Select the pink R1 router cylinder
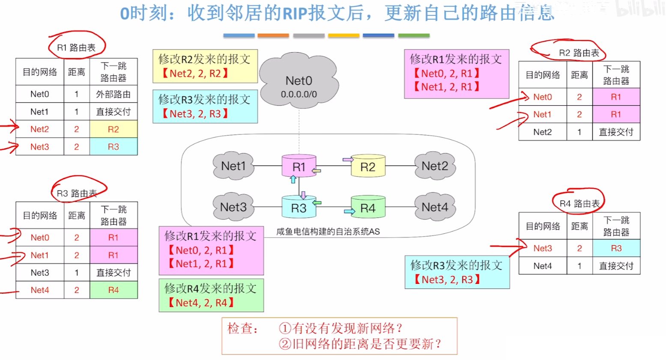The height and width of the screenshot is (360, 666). (x=299, y=167)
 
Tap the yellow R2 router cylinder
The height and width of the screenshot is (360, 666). (x=368, y=167)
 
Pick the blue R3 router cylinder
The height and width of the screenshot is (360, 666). (x=299, y=208)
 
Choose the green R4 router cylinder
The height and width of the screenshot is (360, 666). (x=368, y=208)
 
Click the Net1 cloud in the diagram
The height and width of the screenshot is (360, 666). (x=233, y=166)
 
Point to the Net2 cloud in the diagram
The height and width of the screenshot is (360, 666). (x=435, y=166)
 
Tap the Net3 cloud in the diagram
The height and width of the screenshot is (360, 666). (x=233, y=207)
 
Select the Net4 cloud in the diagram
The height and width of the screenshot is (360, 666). (x=435, y=207)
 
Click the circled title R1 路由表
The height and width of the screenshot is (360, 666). (x=76, y=48)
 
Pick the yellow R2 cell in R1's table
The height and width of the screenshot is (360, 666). (x=113, y=129)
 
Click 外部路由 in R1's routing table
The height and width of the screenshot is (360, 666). (x=113, y=94)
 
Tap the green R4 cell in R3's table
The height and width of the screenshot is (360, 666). (x=113, y=290)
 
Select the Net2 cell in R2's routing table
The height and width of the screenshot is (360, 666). (x=543, y=132)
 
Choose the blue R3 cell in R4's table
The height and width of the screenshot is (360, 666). (x=616, y=248)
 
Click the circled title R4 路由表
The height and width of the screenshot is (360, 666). (x=579, y=204)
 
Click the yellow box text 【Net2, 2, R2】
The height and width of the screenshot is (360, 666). (x=195, y=74)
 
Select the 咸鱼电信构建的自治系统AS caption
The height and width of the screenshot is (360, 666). (x=328, y=232)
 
